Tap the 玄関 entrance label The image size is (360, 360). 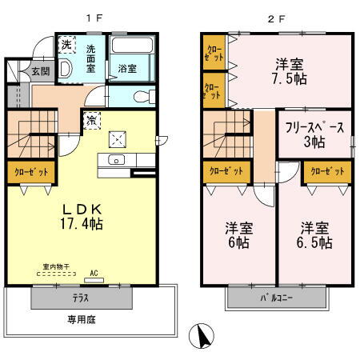(18, 71)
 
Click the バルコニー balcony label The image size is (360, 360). (276, 298)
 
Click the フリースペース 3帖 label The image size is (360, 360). (314, 134)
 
